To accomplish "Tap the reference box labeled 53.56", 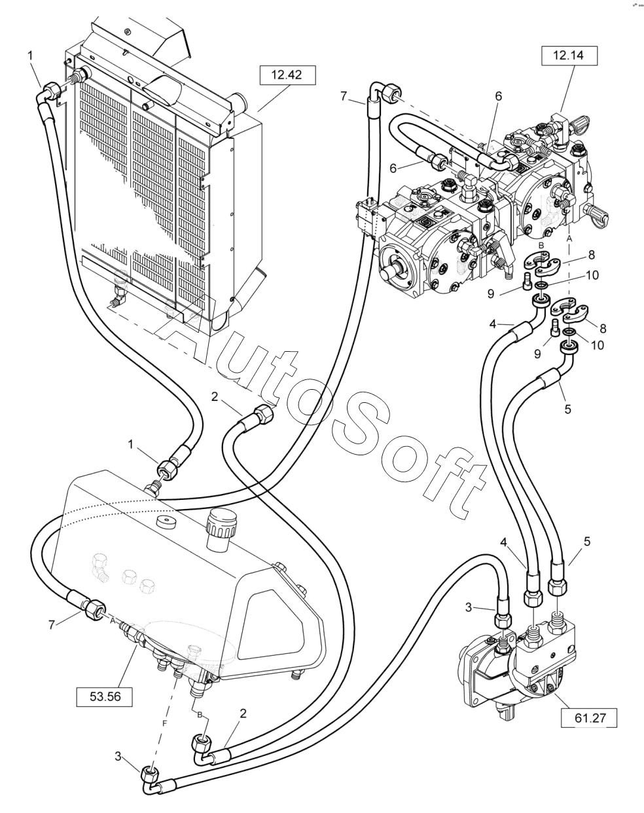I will click(x=105, y=696).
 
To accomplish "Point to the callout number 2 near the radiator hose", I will click(x=215, y=396).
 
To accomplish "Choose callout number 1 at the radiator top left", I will click(x=30, y=57).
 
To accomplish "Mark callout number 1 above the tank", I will click(x=131, y=444).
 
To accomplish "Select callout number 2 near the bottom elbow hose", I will click(x=243, y=714).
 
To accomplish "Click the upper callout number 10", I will click(x=592, y=275).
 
